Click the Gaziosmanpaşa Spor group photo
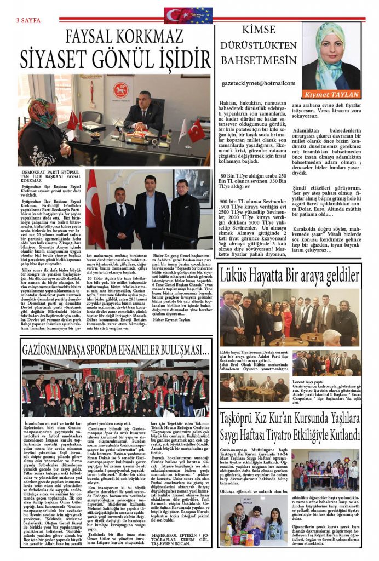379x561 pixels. click(x=114, y=390)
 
